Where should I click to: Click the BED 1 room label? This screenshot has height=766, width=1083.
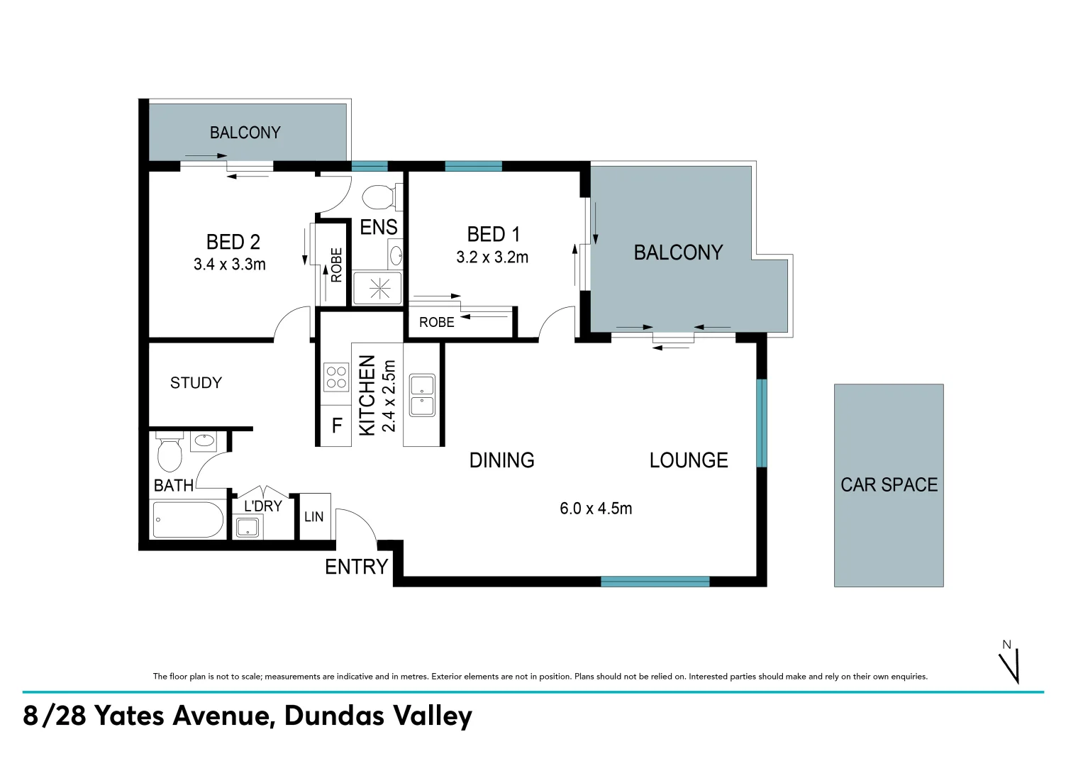494,234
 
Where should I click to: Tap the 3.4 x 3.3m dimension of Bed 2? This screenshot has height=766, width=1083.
229,265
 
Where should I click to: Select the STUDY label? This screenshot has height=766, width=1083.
196,383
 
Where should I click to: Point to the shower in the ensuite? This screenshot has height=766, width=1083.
378,288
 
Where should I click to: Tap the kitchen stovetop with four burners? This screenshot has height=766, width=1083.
335,377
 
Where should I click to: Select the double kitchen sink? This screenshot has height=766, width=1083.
422,395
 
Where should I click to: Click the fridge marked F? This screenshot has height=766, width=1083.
337,426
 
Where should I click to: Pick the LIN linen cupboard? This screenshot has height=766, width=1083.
313,516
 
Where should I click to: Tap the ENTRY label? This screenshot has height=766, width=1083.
356,567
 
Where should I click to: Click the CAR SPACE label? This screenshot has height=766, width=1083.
889,485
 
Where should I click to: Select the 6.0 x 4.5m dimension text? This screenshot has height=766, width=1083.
596,509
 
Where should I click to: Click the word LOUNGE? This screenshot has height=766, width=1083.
689,460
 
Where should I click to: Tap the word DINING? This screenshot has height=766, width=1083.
501,460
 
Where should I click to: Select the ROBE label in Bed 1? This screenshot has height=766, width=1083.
436,322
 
